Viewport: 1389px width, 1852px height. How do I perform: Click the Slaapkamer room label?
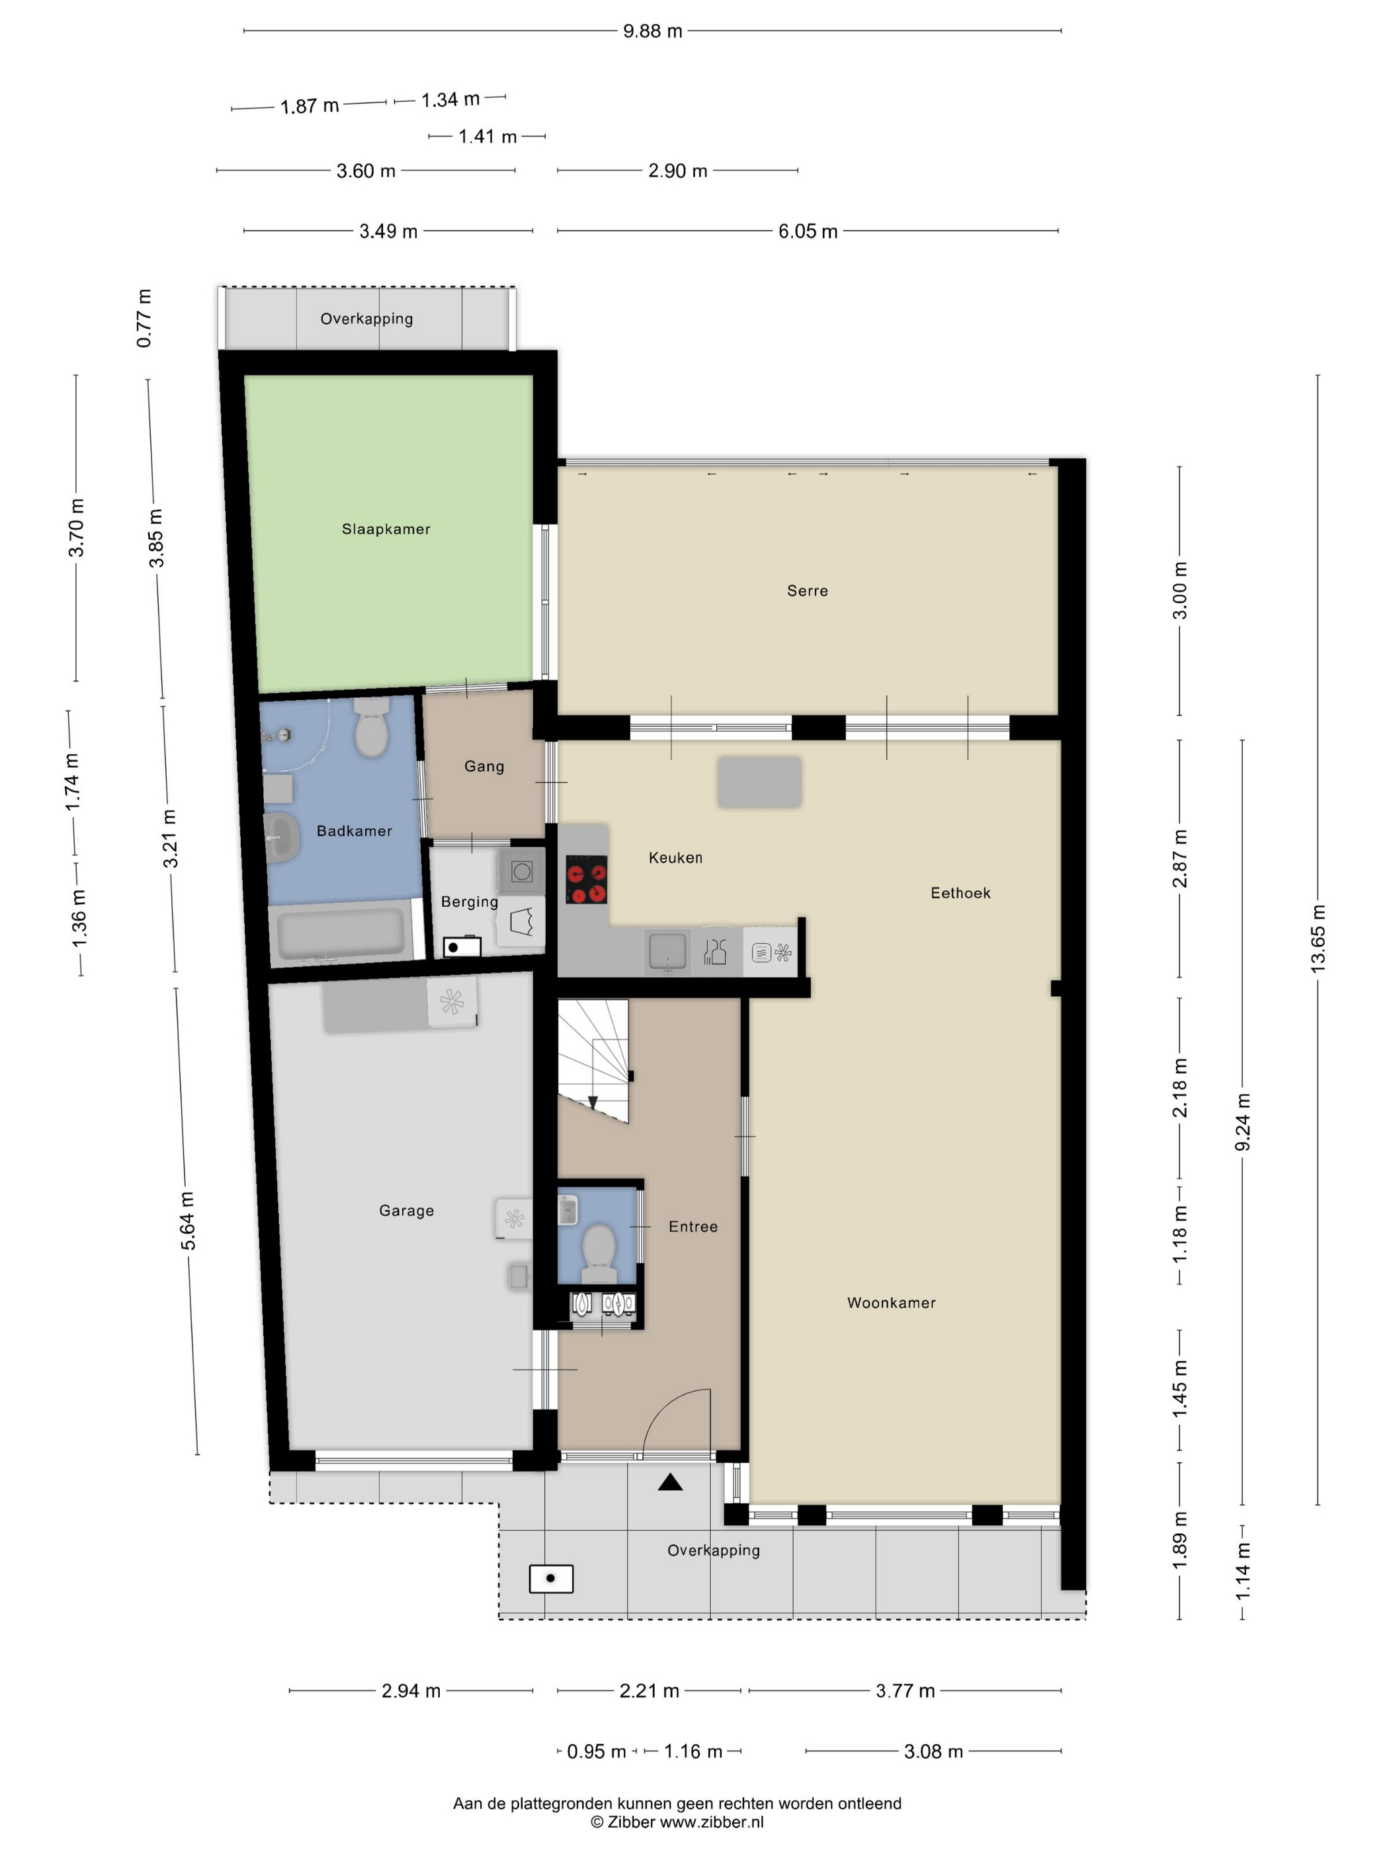[x=386, y=529]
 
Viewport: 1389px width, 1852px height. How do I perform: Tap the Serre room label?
[x=807, y=591]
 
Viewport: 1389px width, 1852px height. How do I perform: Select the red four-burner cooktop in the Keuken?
[x=586, y=880]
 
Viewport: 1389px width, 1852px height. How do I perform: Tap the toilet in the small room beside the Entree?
[x=599, y=1251]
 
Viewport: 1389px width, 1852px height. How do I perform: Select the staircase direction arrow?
[x=593, y=1102]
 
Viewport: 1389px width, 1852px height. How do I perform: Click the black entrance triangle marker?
[x=670, y=1483]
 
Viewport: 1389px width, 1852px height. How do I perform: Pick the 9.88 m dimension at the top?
[x=652, y=32]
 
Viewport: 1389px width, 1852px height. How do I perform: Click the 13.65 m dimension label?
[x=1318, y=938]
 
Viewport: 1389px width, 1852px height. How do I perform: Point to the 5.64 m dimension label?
[x=188, y=1221]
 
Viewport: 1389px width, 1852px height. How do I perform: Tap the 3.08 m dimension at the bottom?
[x=933, y=1751]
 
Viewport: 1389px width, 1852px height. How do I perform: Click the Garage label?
[x=406, y=1210]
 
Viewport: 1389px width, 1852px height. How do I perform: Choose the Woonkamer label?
[x=891, y=1303]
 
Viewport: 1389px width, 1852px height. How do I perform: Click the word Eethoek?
[x=960, y=894]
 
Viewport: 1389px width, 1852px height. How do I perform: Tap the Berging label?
[x=469, y=902]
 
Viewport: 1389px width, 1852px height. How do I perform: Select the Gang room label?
[x=484, y=766]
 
